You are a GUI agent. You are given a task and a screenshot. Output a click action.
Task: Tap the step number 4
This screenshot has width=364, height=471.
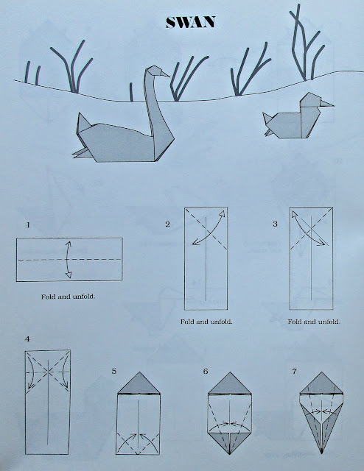(x=27, y=340)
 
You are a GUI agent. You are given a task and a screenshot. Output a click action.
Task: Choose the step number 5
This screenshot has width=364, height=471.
(x=114, y=372)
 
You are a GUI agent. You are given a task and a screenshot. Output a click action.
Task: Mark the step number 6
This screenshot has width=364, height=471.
(x=206, y=372)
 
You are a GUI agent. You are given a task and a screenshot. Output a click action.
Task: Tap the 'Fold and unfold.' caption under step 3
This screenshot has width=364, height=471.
(x=314, y=322)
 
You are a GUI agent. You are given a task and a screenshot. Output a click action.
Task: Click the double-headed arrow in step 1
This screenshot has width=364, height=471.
(x=67, y=259)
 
